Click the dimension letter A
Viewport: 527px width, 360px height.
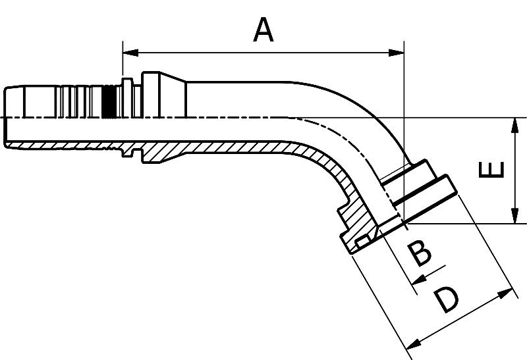263,30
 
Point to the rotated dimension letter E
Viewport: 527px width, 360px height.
491,169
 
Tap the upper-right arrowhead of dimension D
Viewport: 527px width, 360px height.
509,292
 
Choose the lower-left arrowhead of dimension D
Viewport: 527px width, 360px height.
412,344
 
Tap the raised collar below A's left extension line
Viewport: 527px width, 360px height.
126,83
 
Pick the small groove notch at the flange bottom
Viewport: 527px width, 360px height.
359,245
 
